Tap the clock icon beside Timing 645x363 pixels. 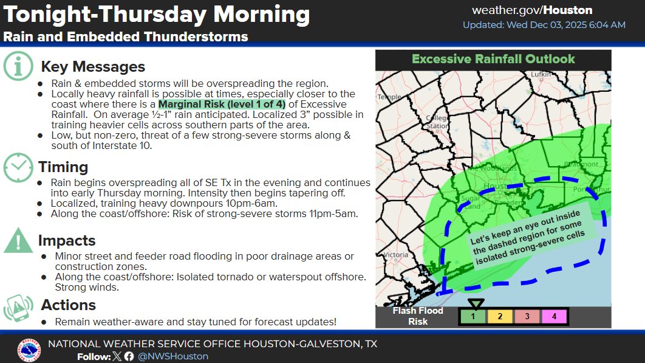(x=19, y=167)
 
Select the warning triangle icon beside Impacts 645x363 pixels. (x=19, y=241)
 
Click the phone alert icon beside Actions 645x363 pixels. (x=19, y=308)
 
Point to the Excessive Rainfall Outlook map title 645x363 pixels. (x=493, y=60)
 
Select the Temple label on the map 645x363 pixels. (x=389, y=97)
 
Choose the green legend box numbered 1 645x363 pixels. (x=473, y=316)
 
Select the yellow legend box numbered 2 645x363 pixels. (x=500, y=316)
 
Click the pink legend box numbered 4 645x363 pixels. (x=554, y=316)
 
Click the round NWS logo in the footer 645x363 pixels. (x=29, y=349)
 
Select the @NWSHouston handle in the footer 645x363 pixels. (x=173, y=356)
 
